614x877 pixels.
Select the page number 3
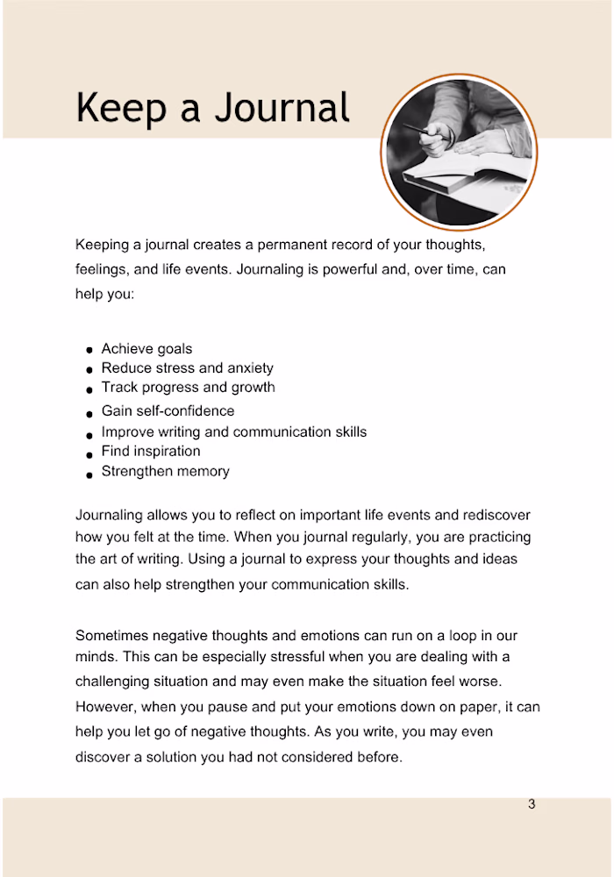pos(532,804)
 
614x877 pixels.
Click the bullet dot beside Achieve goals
pos(89,351)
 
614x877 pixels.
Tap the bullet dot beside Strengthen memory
pos(89,474)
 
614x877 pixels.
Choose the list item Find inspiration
pos(151,451)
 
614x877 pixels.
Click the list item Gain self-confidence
pos(168,410)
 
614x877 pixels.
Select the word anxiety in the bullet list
pos(251,367)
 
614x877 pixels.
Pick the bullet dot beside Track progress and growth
pos(89,389)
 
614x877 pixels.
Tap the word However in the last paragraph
pos(106,706)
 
